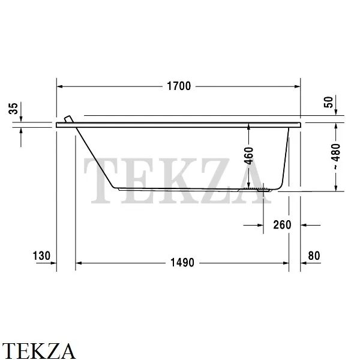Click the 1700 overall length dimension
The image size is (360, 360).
coord(178,86)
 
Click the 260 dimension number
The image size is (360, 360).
coord(281,225)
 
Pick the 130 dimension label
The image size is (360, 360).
coord(41,256)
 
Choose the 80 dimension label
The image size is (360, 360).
coord(314,256)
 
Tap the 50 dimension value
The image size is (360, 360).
coord(328,103)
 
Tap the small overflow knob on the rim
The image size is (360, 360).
coord(68,119)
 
